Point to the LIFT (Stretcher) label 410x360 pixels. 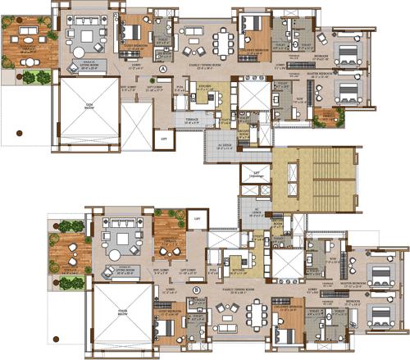tap(256, 174)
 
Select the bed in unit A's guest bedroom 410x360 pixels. tap(130, 33)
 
